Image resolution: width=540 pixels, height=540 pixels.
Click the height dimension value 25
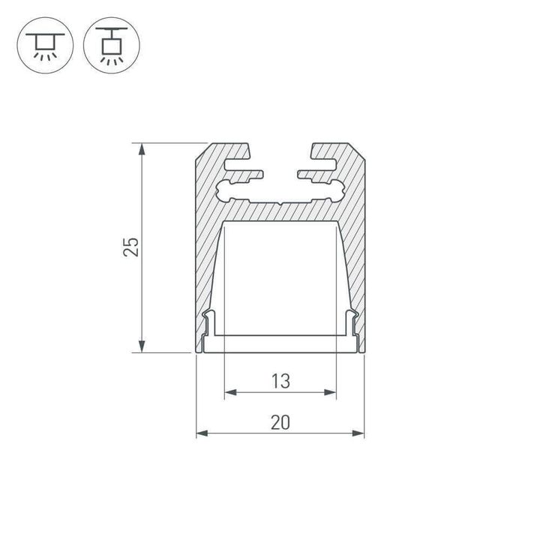131,247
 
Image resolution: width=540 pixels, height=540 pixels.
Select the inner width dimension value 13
280,381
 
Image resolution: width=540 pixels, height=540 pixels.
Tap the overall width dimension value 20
280,422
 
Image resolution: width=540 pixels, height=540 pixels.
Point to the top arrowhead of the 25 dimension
140,148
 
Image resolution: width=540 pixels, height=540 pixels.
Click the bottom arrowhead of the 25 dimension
140,346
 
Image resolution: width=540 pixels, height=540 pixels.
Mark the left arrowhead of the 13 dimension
229,391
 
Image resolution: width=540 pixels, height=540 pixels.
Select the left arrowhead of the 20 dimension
201,433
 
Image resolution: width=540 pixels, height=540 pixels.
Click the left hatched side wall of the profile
207,262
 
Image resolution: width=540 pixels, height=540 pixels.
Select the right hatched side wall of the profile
354,262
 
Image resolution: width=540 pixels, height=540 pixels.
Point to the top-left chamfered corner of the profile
201,153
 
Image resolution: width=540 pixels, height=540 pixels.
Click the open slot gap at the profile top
280,150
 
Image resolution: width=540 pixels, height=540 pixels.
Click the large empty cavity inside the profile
280,277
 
